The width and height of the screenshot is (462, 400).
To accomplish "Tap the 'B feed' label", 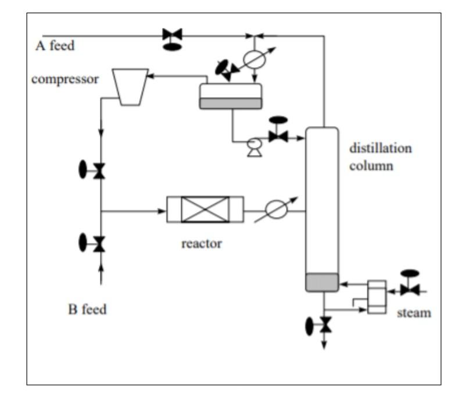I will coord(87,309).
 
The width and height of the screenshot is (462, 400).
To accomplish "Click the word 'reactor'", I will coord(201,243).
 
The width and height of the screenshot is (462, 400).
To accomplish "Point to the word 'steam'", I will coord(414,313).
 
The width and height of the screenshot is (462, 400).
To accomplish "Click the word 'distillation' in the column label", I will coord(380,148).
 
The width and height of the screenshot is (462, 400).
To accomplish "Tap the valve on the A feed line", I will coord(173,36).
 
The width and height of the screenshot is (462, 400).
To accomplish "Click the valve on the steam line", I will coord(410,289).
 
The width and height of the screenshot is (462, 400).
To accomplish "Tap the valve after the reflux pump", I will coord(278,138).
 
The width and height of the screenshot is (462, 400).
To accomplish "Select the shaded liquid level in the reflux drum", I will coord(231,103).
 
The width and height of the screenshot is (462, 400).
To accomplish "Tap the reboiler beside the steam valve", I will coord(377,297).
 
